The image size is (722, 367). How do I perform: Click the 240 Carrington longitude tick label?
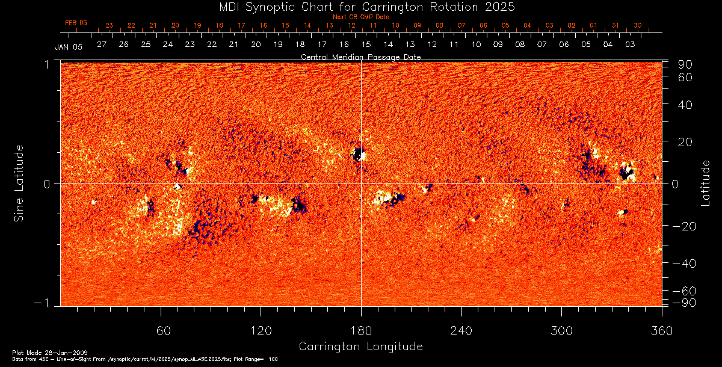461,330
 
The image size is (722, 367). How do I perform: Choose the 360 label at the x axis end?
661,330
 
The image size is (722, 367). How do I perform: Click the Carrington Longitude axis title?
360,347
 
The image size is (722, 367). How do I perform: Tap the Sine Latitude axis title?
19,183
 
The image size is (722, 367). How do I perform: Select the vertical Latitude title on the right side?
706,183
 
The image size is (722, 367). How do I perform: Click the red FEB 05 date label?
76,23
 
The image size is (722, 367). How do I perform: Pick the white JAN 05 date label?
68,46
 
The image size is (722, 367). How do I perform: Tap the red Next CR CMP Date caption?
360,17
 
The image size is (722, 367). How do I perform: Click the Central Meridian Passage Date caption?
360,57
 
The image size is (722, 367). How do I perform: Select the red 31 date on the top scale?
616,25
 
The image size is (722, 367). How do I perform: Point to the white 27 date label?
101,45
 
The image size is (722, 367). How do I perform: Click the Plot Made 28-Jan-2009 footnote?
37,352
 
